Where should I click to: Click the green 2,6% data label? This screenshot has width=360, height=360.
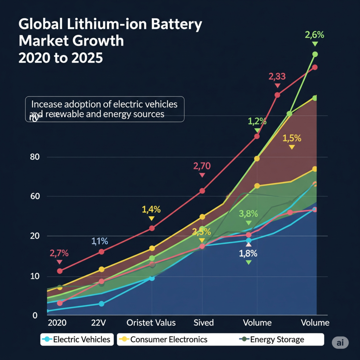(314, 35)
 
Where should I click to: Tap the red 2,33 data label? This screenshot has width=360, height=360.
(277, 76)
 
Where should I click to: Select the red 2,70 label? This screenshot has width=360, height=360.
(202, 166)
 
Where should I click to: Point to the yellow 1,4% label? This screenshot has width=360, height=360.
(151, 210)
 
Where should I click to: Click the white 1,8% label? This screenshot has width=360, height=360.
(249, 253)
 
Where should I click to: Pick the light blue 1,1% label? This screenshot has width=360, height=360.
(100, 241)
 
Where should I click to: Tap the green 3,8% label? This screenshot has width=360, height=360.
(248, 214)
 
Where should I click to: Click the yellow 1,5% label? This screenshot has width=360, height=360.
(292, 139)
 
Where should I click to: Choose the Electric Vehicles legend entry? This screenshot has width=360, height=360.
(77, 340)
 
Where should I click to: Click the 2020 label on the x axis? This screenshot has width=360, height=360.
(57, 323)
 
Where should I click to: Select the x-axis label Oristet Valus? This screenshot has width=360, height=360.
(151, 323)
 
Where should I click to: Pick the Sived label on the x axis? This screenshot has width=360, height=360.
(204, 323)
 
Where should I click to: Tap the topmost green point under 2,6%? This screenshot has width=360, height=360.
(315, 54)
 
